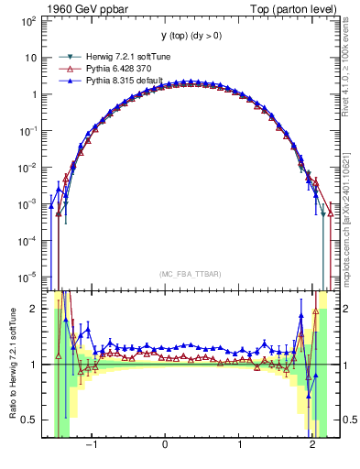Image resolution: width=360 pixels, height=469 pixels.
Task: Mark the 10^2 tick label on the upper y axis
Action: click(29, 20)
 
